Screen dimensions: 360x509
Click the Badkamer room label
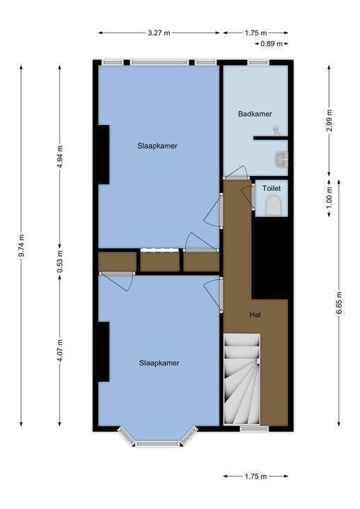click(255, 114)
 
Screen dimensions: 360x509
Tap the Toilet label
click(272, 188)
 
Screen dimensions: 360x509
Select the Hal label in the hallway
click(255, 315)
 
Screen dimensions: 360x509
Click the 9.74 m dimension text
click(21, 245)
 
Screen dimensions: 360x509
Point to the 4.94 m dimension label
click(60, 156)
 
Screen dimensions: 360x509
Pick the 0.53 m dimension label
click(60, 262)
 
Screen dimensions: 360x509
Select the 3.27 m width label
click(159, 33)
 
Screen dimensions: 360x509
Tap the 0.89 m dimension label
click(272, 44)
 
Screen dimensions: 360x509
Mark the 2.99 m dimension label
click(330, 120)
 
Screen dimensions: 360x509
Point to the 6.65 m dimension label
click(339, 303)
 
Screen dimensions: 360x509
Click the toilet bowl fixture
click(274, 207)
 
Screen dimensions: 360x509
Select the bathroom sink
click(281, 159)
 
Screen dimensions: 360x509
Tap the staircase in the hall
click(242, 379)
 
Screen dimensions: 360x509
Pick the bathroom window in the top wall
click(258, 62)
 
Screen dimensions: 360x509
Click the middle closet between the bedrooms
click(160, 262)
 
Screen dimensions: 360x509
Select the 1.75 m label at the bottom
click(255, 476)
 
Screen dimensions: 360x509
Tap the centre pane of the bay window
click(158, 444)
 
